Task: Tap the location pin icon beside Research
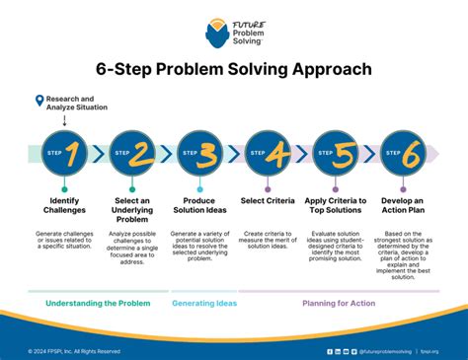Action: tap(39, 100)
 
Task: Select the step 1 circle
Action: tap(64, 153)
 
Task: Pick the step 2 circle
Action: tap(132, 153)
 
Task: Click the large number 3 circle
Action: tap(200, 153)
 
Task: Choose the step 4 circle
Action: tap(268, 153)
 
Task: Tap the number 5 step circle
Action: tap(336, 153)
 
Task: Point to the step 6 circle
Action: tap(403, 153)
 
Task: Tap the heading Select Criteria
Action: tap(268, 201)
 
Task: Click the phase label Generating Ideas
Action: tap(204, 304)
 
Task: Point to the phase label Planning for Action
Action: tap(339, 304)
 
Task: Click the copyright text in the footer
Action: tap(74, 350)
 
